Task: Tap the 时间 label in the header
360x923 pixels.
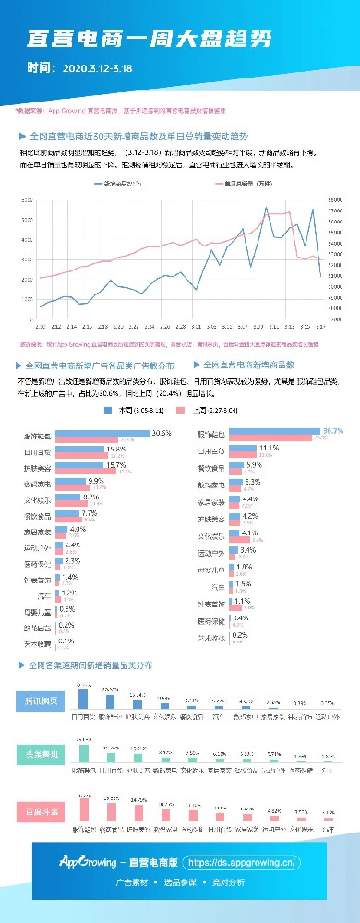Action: click(40, 67)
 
